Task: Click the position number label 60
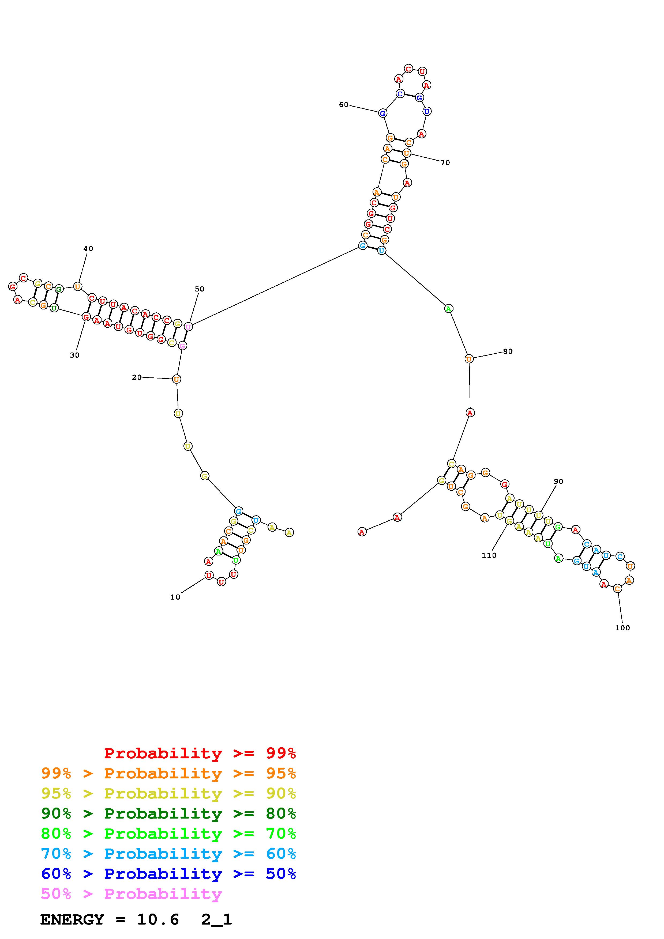tap(343, 105)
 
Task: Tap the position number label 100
tap(622, 628)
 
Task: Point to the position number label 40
tap(88, 249)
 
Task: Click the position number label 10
tap(175, 597)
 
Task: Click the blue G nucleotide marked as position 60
tap(382, 113)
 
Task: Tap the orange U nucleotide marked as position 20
tap(176, 379)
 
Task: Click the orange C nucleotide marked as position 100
tap(617, 589)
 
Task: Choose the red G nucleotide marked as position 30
tap(86, 317)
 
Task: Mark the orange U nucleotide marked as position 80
tap(469, 359)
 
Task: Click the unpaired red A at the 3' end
tap(362, 532)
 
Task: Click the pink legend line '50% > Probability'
tap(131, 894)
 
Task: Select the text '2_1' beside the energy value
tap(216, 920)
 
